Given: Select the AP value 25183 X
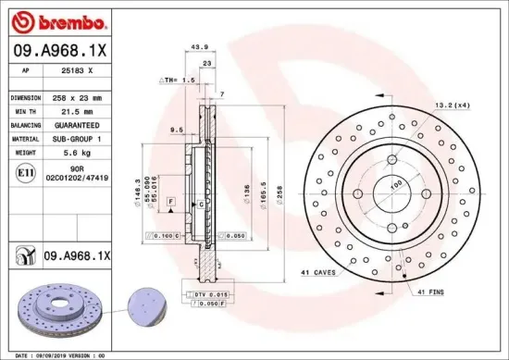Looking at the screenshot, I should pyautogui.click(x=77, y=70).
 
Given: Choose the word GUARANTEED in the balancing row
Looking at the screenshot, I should pyautogui.click(x=79, y=123).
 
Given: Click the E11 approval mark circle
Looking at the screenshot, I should pyautogui.click(x=21, y=172).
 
